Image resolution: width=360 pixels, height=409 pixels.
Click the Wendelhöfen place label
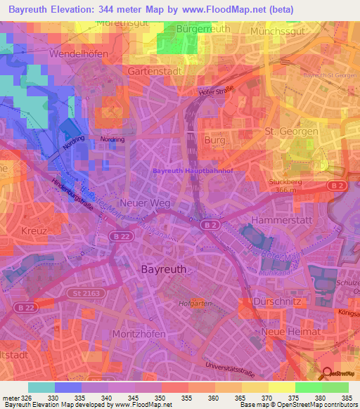pos(76,53)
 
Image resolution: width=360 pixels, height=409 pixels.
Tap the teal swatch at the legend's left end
pos(41,387)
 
